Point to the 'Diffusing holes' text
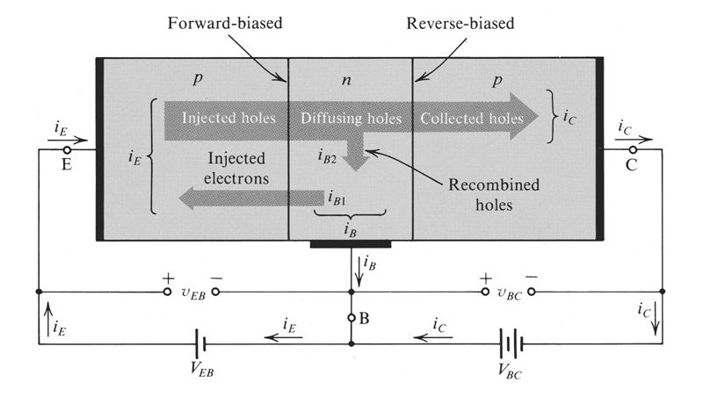(351, 118)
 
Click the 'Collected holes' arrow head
(525, 117)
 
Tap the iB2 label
(328, 156)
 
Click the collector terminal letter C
(631, 162)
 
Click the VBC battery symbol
(509, 343)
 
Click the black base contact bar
(351, 243)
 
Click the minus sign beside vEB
(218, 277)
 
